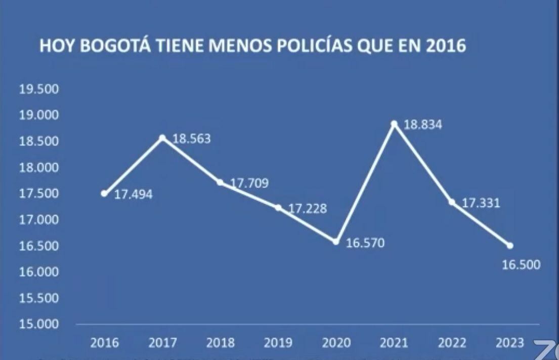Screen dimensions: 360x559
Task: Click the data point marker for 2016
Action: [104, 193]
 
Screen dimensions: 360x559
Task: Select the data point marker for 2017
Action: [162, 137]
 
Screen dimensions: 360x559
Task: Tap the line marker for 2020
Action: [336, 242]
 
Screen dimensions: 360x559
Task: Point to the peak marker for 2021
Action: [394, 123]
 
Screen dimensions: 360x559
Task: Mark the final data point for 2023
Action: [510, 246]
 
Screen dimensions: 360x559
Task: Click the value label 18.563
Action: [192, 139]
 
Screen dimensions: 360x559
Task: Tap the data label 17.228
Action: [308, 209]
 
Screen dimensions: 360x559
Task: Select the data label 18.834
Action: [423, 125]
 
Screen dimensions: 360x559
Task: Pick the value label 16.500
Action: [521, 265]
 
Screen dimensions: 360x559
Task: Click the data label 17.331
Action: [481, 204]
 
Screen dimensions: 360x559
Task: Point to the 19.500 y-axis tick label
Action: [39, 90]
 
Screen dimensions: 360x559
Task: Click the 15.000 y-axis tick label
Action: [39, 324]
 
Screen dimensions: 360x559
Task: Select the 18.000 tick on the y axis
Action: [39, 168]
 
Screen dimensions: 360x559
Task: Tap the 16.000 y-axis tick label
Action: [39, 272]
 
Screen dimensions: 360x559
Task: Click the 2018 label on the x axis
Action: [221, 343]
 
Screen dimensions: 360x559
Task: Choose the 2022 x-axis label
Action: [452, 343]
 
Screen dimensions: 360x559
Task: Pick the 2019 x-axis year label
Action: [278, 343]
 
